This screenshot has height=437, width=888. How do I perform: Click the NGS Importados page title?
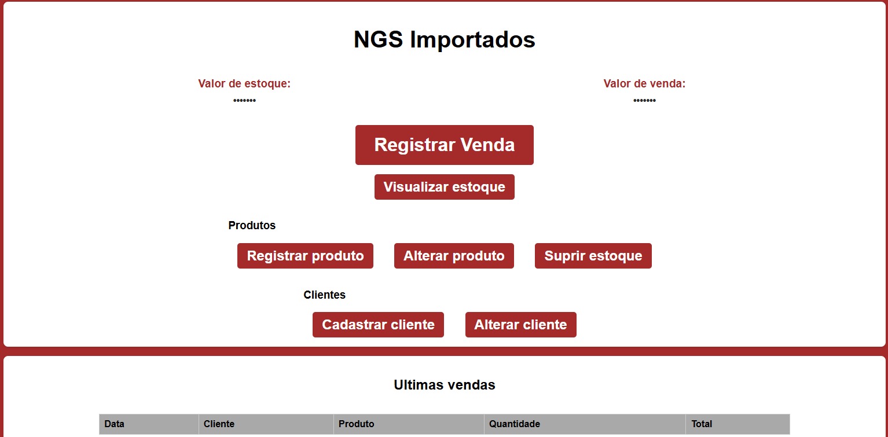444,40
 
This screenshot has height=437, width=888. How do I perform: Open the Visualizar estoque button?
444,187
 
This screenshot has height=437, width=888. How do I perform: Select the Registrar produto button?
305,256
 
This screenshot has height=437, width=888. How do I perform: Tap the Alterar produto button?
454,256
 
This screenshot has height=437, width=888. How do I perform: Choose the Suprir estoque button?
593,256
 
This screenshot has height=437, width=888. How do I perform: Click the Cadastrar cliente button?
378,325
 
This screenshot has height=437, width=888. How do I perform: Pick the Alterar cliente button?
520,325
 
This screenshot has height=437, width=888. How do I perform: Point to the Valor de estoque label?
244,84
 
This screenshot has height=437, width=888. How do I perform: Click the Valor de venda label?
644,84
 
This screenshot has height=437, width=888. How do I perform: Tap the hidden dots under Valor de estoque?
244,101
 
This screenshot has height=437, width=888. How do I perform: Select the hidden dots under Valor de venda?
644,101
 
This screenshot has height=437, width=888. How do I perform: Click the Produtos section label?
252,225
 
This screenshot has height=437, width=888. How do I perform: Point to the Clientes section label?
324,295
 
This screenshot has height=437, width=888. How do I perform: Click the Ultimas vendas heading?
444,385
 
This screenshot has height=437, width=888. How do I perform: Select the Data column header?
115,424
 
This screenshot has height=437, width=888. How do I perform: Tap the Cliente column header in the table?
219,424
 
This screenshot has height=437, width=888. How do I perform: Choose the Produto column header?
356,424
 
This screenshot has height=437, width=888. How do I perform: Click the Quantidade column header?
514,424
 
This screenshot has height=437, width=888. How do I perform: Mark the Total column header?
702,424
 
